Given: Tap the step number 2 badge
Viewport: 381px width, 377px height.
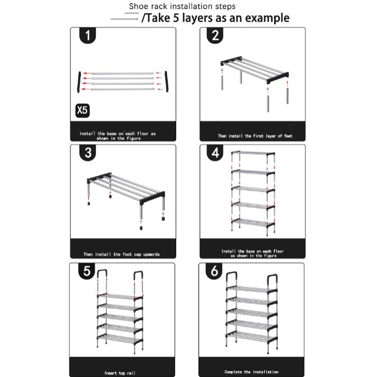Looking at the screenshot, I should [215, 36].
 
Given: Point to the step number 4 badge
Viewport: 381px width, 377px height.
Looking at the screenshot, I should [215, 153].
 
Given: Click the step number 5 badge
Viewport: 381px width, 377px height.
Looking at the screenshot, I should [87, 272].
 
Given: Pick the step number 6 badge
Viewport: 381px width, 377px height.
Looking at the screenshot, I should [215, 272].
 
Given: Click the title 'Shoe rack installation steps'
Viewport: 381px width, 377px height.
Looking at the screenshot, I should [182, 6].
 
